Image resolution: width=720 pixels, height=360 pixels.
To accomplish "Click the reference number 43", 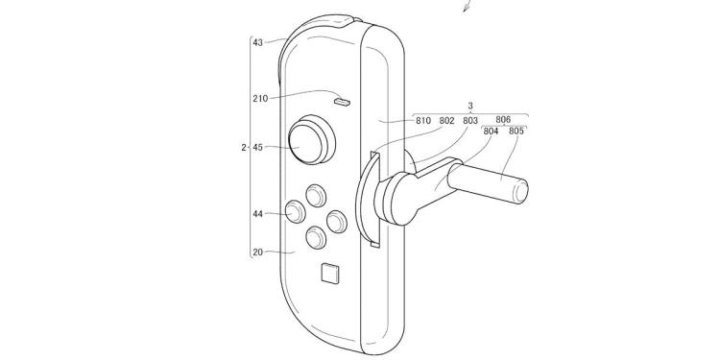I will click(257, 42).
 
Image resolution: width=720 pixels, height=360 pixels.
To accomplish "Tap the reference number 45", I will click(257, 147).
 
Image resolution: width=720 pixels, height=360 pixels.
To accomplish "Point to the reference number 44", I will click(257, 214).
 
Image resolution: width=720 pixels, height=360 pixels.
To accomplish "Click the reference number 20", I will click(257, 252).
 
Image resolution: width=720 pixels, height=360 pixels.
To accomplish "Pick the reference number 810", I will click(422, 121).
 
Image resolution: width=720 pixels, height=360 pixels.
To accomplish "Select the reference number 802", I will click(446, 121).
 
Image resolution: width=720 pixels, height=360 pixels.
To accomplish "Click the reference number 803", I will click(470, 121).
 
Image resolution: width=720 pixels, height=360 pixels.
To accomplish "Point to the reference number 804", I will click(492, 131).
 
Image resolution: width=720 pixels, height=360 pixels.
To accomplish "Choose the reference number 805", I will click(516, 131).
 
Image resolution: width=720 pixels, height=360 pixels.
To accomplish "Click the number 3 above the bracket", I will click(470, 108).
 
